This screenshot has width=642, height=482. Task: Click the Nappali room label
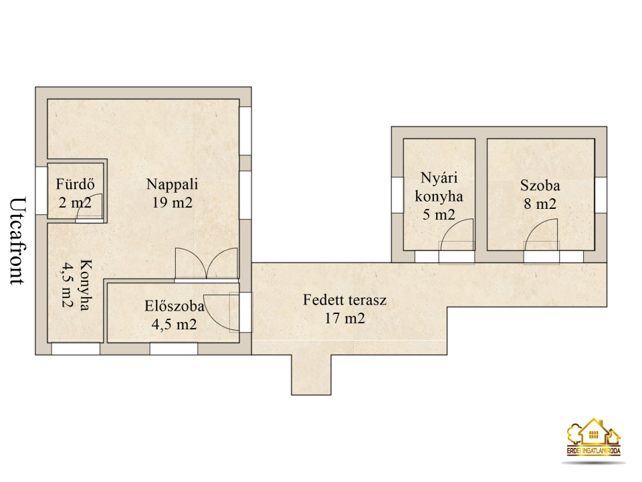[173, 184]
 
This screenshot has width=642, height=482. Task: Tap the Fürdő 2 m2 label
[75, 193]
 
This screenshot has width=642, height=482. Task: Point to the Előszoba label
[174, 306]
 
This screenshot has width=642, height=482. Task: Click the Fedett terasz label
[345, 300]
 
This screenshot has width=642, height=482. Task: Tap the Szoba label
[540, 185]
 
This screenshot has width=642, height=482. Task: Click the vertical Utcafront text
[17, 241]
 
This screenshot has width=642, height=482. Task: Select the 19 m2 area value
[173, 202]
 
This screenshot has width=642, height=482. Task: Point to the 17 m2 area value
[345, 318]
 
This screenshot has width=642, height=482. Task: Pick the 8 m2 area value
[540, 204]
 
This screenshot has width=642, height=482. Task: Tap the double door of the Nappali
[207, 264]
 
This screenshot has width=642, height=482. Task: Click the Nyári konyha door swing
[457, 236]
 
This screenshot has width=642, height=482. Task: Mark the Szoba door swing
[541, 236]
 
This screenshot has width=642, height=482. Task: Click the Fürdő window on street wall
[41, 190]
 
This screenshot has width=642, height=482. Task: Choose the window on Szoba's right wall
[601, 195]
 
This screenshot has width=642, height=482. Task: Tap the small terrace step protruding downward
[311, 375]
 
